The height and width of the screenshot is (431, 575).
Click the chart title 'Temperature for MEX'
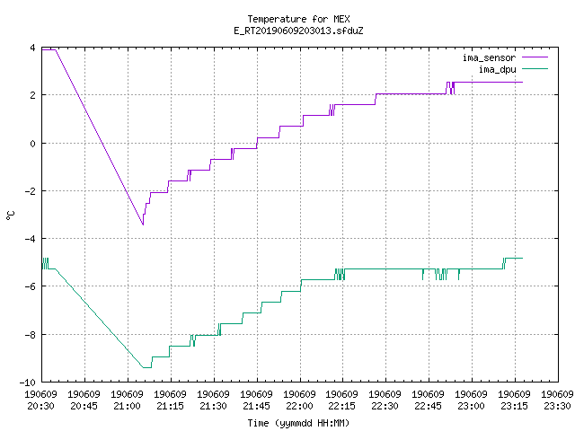point(298,19)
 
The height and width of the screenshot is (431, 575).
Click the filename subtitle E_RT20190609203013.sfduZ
point(298,31)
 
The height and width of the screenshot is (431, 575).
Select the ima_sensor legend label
point(489,57)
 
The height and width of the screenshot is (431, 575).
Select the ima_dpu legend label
point(497,69)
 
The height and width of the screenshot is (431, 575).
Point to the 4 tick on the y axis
point(33,48)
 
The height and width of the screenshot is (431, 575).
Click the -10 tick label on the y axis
point(28,383)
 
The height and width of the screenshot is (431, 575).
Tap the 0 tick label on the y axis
point(33,144)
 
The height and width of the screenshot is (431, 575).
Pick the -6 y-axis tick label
point(30,286)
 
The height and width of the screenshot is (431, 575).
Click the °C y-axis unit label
point(10,215)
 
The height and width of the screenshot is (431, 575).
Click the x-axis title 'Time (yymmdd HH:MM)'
point(298,423)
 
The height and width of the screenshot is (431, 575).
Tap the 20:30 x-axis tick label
point(40,406)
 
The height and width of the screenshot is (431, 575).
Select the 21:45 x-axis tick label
point(256,406)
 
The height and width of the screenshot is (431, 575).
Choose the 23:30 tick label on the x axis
point(557,406)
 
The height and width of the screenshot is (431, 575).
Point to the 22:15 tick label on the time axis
point(341,406)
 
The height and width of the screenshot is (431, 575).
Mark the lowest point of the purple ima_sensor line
point(143,224)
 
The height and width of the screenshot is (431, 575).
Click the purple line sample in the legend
point(535,57)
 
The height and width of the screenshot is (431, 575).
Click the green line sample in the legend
point(535,68)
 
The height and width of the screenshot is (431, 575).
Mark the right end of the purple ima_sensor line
point(522,82)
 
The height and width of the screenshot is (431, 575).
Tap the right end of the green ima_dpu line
point(522,259)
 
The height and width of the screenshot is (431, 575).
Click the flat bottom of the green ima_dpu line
point(146,367)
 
